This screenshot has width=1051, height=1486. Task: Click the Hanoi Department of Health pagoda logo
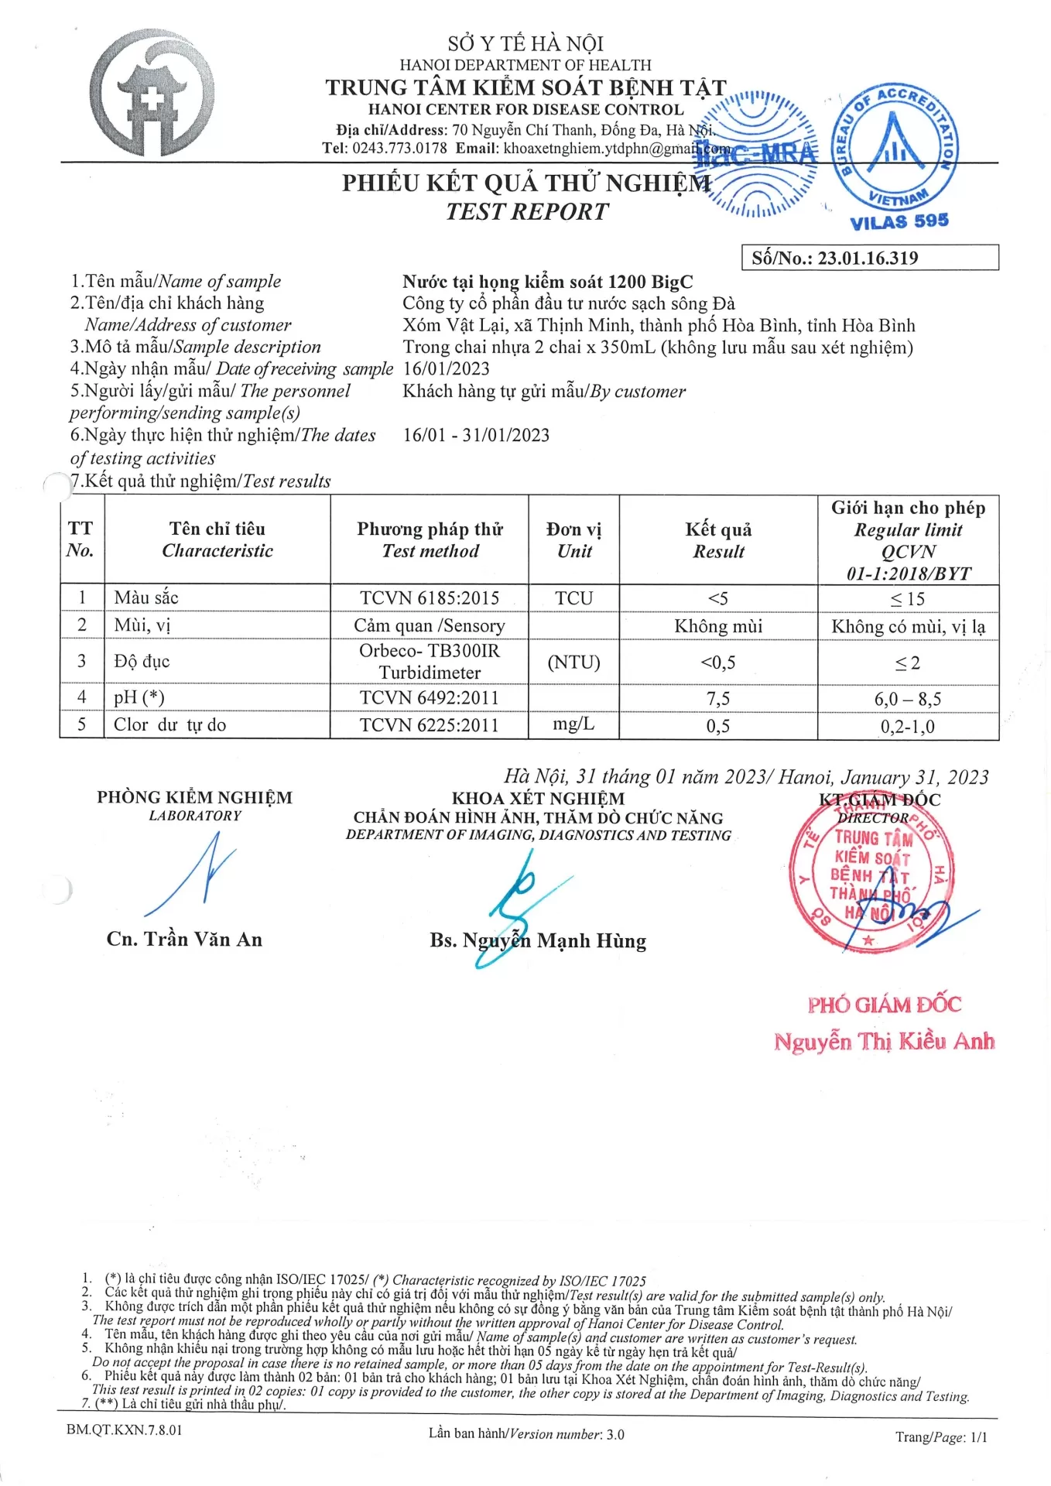tap(152, 94)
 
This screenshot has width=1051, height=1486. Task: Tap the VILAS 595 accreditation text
tap(899, 221)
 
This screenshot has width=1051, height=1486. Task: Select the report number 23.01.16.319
tap(868, 259)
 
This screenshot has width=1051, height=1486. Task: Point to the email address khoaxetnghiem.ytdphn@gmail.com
tap(616, 149)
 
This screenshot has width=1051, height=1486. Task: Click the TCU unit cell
tap(573, 598)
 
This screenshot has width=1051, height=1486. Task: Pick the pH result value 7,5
tap(717, 699)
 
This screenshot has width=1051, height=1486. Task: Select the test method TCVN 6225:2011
tap(430, 726)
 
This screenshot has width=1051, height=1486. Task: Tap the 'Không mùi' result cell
tap(717, 626)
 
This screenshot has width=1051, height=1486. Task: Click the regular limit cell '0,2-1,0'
tap(907, 727)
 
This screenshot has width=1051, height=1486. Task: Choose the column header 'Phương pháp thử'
tap(430, 529)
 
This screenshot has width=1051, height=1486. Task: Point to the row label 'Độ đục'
tap(142, 662)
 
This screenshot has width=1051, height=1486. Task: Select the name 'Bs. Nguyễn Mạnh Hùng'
tap(538, 941)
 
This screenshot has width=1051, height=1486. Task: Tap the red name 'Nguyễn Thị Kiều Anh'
tap(884, 1042)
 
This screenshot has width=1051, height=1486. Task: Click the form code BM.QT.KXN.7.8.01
tap(125, 1430)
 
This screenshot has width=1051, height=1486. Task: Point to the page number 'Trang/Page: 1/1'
tap(941, 1437)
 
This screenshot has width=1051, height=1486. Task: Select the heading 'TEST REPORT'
tap(527, 211)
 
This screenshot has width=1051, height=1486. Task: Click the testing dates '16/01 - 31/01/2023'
tap(476, 435)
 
